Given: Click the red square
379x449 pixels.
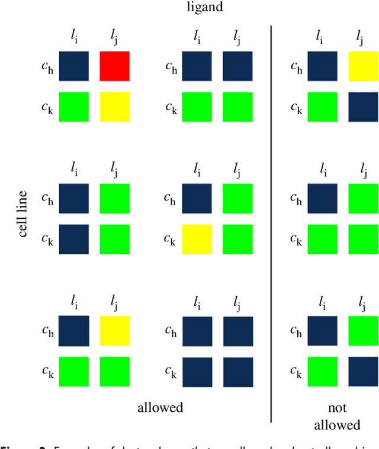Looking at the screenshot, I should [x=114, y=66].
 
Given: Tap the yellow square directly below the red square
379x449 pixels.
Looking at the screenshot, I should [x=114, y=107].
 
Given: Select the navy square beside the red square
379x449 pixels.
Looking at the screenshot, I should [x=73, y=66].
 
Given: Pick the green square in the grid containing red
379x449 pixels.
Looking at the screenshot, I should [x=73, y=107].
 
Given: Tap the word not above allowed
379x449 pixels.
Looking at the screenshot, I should [x=337, y=408].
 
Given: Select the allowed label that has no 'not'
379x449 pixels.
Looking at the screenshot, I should [x=160, y=408].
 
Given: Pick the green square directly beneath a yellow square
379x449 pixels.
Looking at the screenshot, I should [x=114, y=372].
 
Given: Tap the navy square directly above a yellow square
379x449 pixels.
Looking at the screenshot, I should [x=197, y=198].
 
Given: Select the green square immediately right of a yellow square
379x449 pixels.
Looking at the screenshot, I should [x=237, y=239].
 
